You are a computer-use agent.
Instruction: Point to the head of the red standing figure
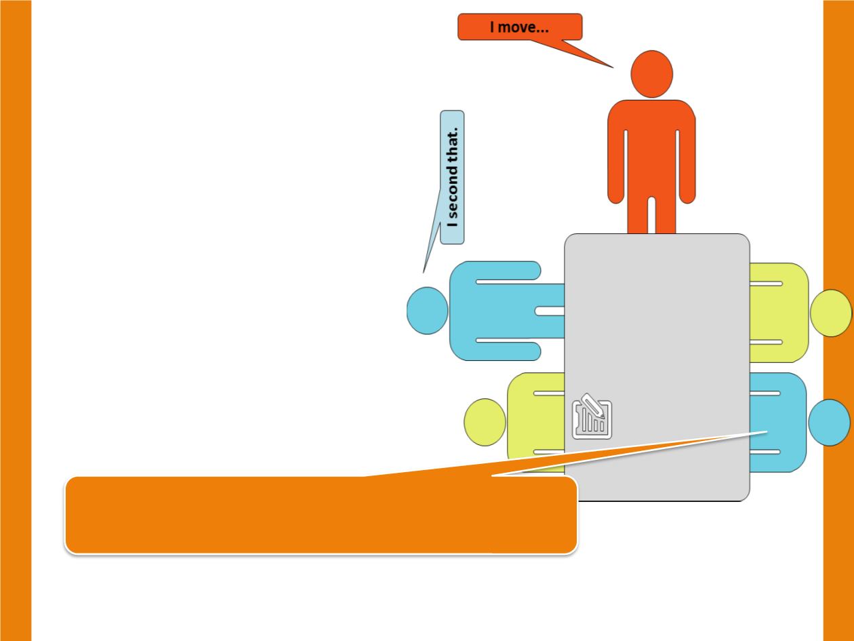[x=651, y=73]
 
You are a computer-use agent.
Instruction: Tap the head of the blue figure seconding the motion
[x=427, y=311]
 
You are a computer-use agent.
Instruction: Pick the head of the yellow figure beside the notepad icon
[x=485, y=422]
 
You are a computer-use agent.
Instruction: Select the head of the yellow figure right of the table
[x=830, y=313]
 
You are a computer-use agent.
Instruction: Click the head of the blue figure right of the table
[x=829, y=422]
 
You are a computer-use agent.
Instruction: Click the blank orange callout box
[x=321, y=516]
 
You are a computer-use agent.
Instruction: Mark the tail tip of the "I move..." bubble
[x=613, y=67]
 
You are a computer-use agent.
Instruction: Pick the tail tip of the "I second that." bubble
[x=424, y=273]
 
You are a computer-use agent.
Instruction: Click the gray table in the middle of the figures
[x=657, y=326]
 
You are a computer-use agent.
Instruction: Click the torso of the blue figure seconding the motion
[x=502, y=311]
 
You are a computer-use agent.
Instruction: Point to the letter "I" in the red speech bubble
[x=493, y=28]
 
